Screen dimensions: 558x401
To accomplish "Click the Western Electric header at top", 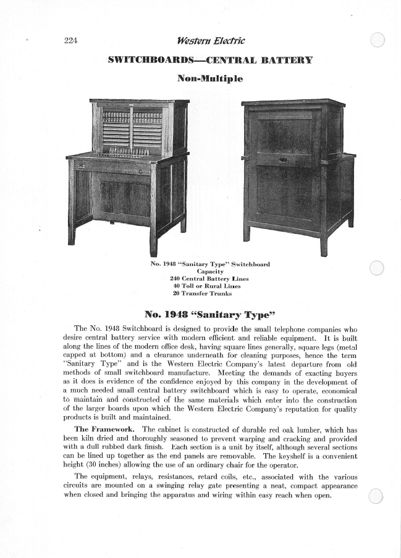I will point(202,41).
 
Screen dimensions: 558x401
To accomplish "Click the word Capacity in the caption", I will point(210,272).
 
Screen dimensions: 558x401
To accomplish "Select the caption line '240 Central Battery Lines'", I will point(209,279).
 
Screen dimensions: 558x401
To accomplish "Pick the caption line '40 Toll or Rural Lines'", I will point(209,286).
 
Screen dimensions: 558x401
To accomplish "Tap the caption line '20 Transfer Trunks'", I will point(209,294).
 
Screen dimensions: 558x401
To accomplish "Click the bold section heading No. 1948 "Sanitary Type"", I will point(201,312).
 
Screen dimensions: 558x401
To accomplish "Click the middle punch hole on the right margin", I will point(376,267).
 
